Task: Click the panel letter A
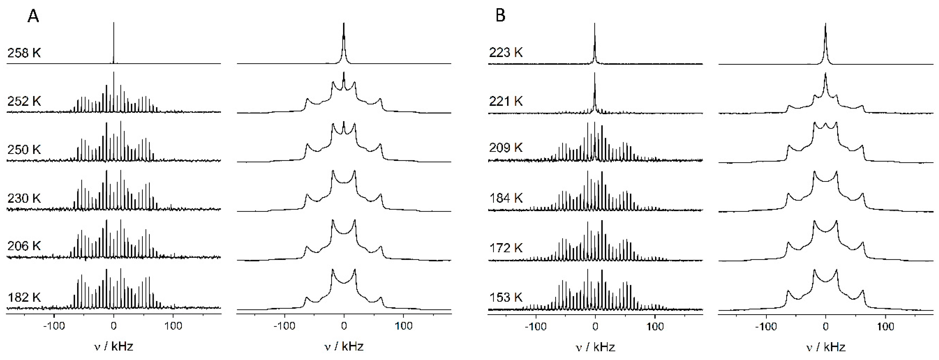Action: pos(33,16)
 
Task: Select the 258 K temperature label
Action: pos(24,53)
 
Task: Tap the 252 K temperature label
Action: pos(24,101)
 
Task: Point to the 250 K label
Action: pos(24,149)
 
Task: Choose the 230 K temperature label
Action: pos(24,198)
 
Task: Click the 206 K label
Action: pos(24,246)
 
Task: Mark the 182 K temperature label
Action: pos(24,297)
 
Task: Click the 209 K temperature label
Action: pos(506,148)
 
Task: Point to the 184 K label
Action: pos(506,198)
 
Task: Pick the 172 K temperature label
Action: pos(506,248)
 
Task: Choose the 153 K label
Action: pos(506,297)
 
